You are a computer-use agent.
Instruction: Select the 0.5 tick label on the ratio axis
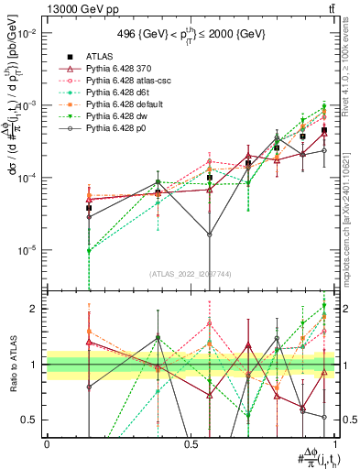tap(30, 420)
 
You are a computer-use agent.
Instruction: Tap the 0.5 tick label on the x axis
tap(191, 443)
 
